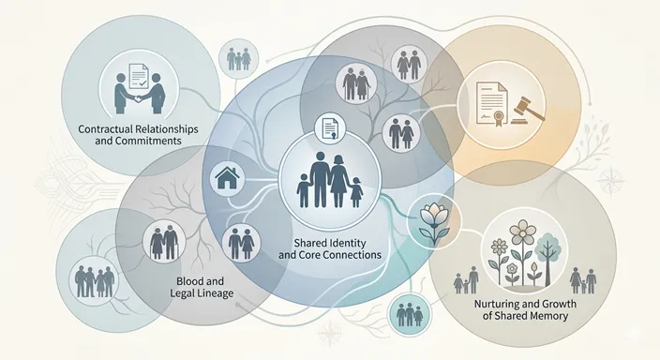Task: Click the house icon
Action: pyautogui.click(x=227, y=178)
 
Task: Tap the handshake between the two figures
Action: pyautogui.click(x=138, y=99)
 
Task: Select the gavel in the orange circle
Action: pyautogui.click(x=528, y=110)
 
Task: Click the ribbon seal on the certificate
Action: pyautogui.click(x=499, y=118)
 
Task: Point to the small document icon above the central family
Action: pyautogui.click(x=330, y=128)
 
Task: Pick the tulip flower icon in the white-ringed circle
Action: pyautogui.click(x=433, y=223)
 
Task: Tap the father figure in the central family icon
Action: pyautogui.click(x=320, y=180)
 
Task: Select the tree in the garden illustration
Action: pyautogui.click(x=548, y=261)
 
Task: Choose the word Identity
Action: pyautogui.click(x=347, y=243)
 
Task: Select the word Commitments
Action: pyautogui.click(x=155, y=141)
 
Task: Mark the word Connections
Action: pyautogui.click(x=353, y=255)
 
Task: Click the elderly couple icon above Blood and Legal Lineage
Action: pyautogui.click(x=165, y=242)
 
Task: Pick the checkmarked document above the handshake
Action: pyautogui.click(x=138, y=78)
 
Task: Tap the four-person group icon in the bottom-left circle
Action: pyautogui.click(x=95, y=281)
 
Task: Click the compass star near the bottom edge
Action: pyautogui.click(x=330, y=333)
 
